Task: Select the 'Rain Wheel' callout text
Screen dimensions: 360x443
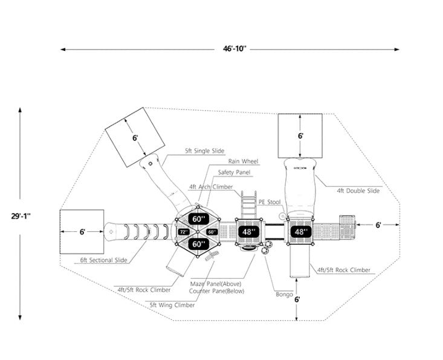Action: pos(243,162)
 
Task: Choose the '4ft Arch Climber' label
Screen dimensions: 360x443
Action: pos(210,187)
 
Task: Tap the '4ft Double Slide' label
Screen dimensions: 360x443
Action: pos(358,191)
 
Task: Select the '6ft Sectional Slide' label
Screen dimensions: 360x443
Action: pos(104,260)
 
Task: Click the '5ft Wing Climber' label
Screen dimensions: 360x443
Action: pos(173,305)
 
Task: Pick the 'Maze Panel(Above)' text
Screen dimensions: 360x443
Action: pos(215,283)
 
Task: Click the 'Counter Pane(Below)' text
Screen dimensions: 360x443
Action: pos(216,291)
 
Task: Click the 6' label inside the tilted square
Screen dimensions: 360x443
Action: pos(135,138)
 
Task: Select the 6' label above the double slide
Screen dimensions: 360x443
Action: pos(300,136)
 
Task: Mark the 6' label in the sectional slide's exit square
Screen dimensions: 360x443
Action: pos(82,231)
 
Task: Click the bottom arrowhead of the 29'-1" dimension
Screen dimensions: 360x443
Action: pos(21,318)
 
